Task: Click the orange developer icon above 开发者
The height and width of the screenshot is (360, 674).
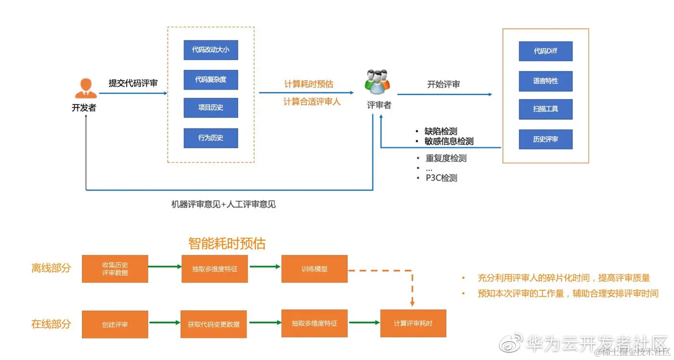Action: [85, 88]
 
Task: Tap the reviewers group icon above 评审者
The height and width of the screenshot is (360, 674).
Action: [378, 81]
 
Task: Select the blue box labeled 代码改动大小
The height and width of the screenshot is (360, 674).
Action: [211, 50]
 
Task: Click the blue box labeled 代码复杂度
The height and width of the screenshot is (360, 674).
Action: [211, 79]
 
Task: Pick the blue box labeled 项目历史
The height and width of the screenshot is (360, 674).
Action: [211, 108]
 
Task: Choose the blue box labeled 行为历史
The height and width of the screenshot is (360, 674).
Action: [211, 138]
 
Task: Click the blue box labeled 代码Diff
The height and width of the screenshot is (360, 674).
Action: [545, 51]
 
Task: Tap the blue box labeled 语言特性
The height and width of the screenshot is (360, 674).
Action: [545, 81]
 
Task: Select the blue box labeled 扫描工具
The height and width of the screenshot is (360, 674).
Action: [545, 109]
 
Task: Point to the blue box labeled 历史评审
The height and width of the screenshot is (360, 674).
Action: [545, 139]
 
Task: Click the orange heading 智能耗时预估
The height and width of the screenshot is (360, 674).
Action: [227, 243]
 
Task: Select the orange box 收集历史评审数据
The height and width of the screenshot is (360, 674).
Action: [115, 269]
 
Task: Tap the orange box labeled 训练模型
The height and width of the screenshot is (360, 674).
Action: [314, 269]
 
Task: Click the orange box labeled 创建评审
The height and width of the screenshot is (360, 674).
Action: [115, 324]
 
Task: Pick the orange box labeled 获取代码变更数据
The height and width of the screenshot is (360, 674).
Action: [214, 324]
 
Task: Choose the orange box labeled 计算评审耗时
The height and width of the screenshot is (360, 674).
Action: [413, 323]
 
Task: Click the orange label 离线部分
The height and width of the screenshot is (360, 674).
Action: [51, 269]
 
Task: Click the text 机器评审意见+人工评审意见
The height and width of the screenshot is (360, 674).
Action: [224, 204]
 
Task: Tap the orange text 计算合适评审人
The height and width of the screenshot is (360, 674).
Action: [312, 102]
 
